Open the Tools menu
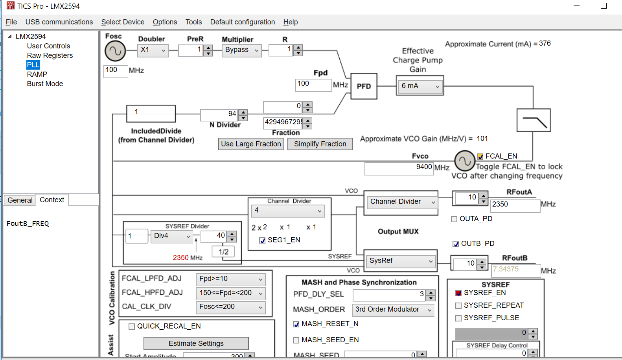(x=193, y=22)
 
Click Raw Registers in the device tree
(x=50, y=55)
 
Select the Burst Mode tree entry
(x=45, y=84)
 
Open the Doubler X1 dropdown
(x=153, y=50)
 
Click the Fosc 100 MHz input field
(x=115, y=70)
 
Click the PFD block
(x=364, y=86)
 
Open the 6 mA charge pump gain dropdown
(x=420, y=86)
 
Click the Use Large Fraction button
(x=251, y=144)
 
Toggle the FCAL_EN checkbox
(x=480, y=157)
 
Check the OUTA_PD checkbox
(x=454, y=219)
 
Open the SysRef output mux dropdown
(x=400, y=261)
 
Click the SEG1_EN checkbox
(x=262, y=240)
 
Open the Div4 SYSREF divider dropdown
(x=171, y=236)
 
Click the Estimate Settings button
(x=196, y=343)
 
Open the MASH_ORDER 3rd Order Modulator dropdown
(x=393, y=310)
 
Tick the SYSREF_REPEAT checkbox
(x=458, y=306)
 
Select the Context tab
(x=52, y=200)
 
